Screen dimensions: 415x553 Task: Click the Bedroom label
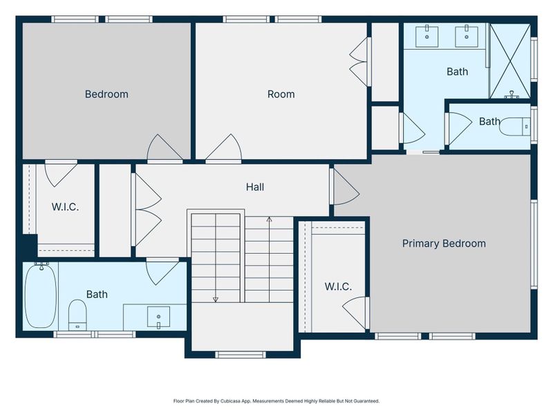pyautogui.click(x=106, y=94)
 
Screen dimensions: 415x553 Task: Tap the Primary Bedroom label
pyautogui.click(x=444, y=243)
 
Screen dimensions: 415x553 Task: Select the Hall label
pyautogui.click(x=255, y=187)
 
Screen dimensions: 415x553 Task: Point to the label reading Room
pyautogui.click(x=281, y=94)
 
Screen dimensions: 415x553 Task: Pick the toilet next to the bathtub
pyautogui.click(x=77, y=315)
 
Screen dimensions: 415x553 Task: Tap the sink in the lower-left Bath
pyautogui.click(x=158, y=317)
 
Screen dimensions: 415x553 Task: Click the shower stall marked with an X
pyautogui.click(x=510, y=61)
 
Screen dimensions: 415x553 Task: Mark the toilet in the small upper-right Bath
pyautogui.click(x=516, y=125)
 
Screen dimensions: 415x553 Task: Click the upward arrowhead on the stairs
pyautogui.click(x=270, y=219)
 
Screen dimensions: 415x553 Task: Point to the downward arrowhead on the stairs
pyautogui.click(x=216, y=299)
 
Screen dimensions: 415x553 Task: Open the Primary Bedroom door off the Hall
pyautogui.click(x=344, y=186)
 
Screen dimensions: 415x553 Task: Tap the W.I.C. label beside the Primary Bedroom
pyautogui.click(x=338, y=286)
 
